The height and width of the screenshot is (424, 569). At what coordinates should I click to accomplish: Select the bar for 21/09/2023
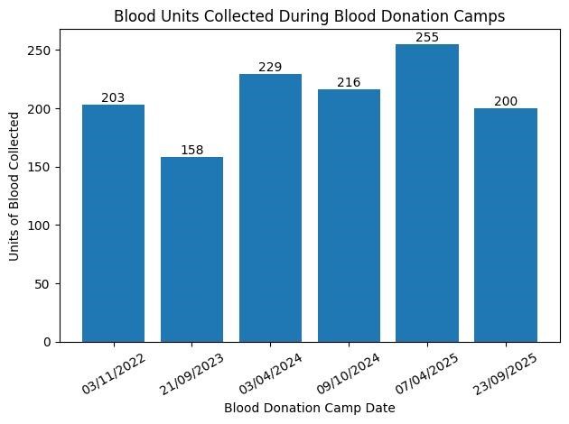pyautogui.click(x=191, y=250)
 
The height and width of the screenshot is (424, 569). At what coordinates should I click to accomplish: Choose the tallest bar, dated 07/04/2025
pyautogui.click(x=427, y=193)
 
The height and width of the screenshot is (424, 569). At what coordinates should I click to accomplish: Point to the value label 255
pyautogui.click(x=427, y=38)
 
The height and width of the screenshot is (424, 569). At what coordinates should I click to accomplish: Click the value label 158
pyautogui.click(x=191, y=151)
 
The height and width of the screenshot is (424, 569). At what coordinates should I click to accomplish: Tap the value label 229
pyautogui.click(x=270, y=68)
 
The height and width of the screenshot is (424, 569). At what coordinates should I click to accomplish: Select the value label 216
pyautogui.click(x=349, y=83)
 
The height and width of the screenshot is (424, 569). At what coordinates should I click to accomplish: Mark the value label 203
pyautogui.click(x=113, y=98)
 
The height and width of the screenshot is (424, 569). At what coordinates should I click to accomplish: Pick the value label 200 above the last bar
pyautogui.click(x=506, y=102)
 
